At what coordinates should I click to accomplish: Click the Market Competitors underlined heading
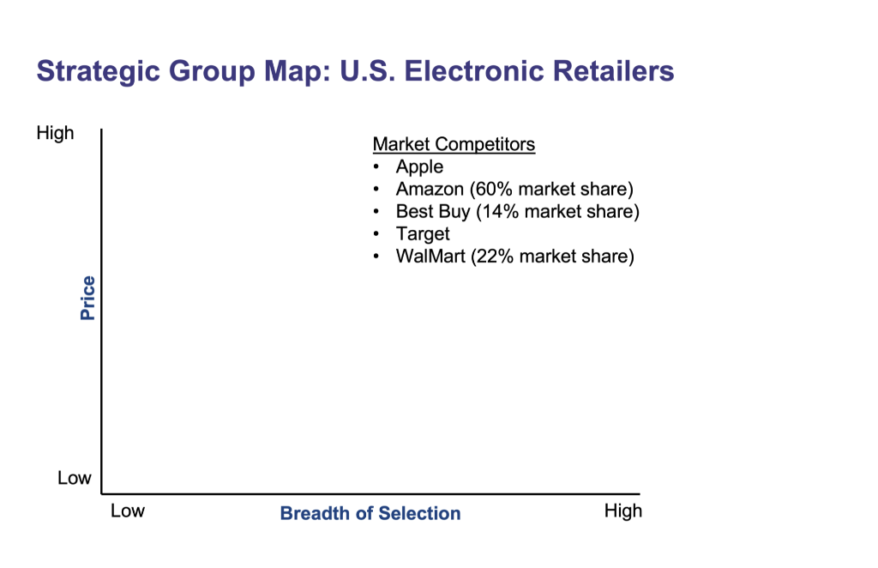tap(454, 144)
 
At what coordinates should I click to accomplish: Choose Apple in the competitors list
tap(419, 166)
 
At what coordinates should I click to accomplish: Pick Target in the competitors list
tap(423, 233)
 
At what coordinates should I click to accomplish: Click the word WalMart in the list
tap(430, 256)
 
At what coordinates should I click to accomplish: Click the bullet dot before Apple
tap(376, 167)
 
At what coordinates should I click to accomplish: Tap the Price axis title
tap(87, 298)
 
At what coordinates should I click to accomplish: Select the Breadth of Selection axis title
tap(370, 514)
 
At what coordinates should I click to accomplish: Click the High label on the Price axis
tap(56, 133)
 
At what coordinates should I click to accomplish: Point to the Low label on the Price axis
tap(74, 478)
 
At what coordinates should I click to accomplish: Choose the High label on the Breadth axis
tap(622, 511)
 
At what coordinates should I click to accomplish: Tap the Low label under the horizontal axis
tap(128, 511)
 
